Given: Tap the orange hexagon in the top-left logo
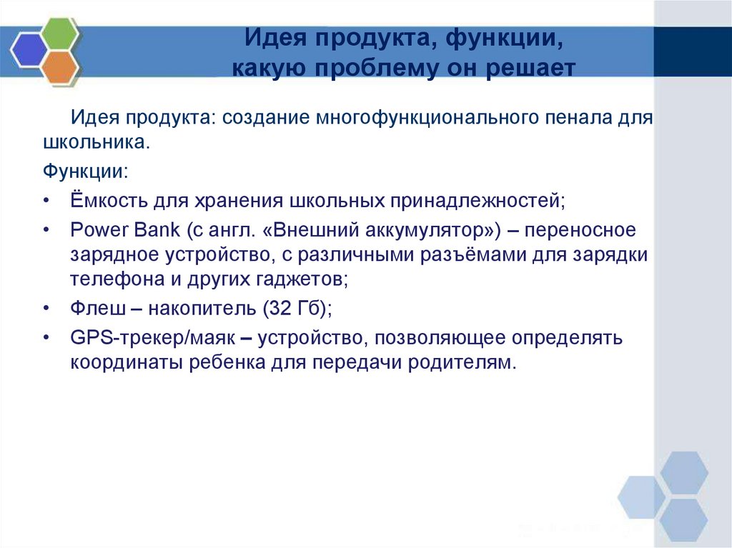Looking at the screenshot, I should point(60,66).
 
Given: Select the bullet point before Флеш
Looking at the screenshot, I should point(46,309).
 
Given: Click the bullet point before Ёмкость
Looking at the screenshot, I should point(46,201).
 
